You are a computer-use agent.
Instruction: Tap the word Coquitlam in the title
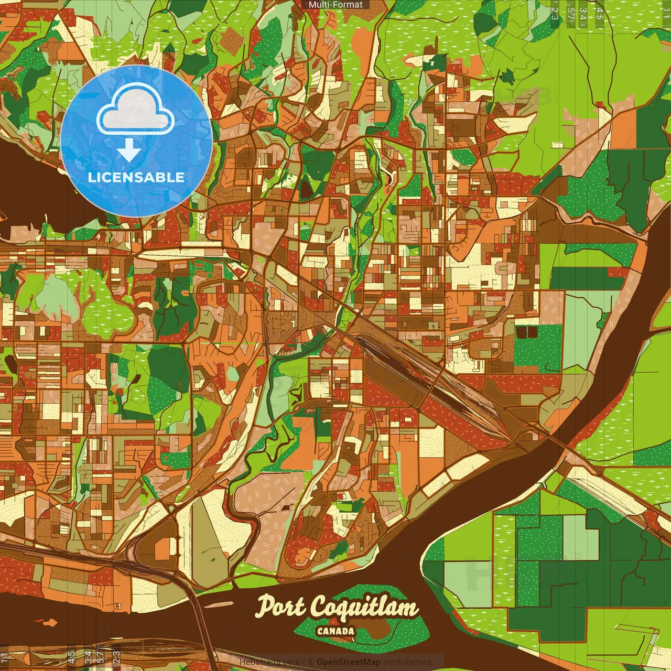(x=364, y=608)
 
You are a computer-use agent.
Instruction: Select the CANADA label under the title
(x=335, y=631)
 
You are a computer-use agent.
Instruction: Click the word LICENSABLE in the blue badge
(x=136, y=177)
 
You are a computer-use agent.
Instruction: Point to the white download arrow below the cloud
(x=129, y=151)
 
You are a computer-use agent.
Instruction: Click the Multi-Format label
(x=335, y=5)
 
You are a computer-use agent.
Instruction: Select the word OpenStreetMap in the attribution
(x=348, y=662)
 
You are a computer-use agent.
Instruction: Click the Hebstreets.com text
(x=269, y=662)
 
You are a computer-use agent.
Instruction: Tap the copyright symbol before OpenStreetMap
(x=310, y=662)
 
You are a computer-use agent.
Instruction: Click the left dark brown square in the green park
(x=521, y=332)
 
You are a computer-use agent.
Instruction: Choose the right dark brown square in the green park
(x=532, y=332)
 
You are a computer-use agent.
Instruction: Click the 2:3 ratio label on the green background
(x=555, y=14)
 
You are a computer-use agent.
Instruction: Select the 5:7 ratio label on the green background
(x=570, y=14)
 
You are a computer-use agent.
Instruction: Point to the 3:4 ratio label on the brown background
(x=88, y=656)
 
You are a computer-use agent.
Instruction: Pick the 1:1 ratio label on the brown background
(x=4, y=656)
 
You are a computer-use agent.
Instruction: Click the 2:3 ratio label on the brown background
(x=116, y=656)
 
